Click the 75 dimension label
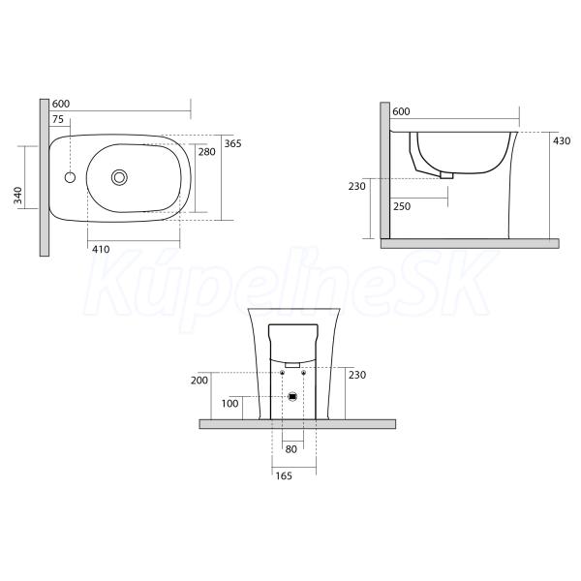pyautogui.click(x=58, y=119)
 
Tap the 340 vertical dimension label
pyautogui.click(x=17, y=196)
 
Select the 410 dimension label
pyautogui.click(x=101, y=250)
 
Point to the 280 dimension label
pyautogui.click(x=207, y=152)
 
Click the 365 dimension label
pyautogui.click(x=232, y=143)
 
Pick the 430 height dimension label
pyautogui.click(x=562, y=140)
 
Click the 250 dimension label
pyautogui.click(x=402, y=206)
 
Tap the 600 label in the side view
pyautogui.click(x=401, y=111)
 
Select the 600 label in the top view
pyautogui.click(x=61, y=104)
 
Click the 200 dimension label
pyautogui.click(x=199, y=381)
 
